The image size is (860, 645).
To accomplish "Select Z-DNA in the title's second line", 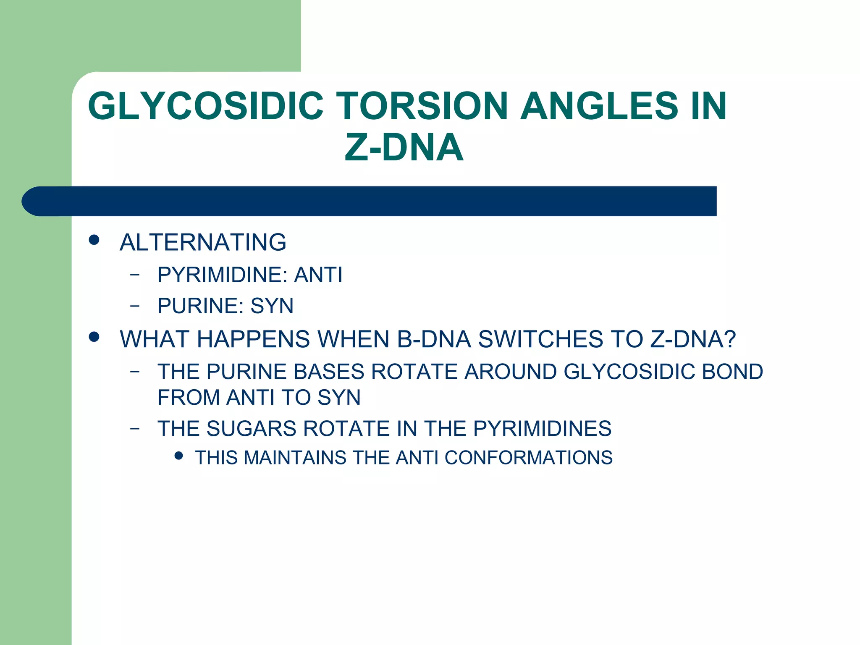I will pyautogui.click(x=404, y=147).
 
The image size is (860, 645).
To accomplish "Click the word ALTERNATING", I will pyautogui.click(x=203, y=242).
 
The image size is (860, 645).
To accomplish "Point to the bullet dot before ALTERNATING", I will pyautogui.click(x=94, y=240).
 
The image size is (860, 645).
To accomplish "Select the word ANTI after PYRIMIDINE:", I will pyautogui.click(x=318, y=275).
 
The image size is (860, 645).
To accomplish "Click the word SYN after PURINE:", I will pyautogui.click(x=272, y=306).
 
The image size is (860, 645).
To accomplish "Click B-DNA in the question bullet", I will pyautogui.click(x=434, y=339).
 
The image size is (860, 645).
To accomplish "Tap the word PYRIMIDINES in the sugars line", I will pyautogui.click(x=542, y=429).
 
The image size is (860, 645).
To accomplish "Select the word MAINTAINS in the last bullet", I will pyautogui.click(x=295, y=458).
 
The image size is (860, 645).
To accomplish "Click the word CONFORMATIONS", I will pyautogui.click(x=528, y=458).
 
